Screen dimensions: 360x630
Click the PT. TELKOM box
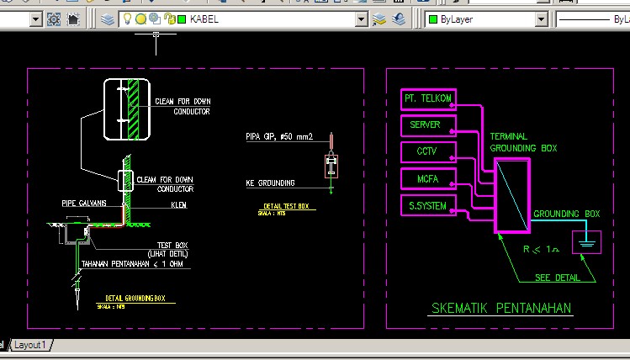[428, 99]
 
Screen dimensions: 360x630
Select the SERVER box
[428, 125]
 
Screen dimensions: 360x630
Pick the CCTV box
[428, 151]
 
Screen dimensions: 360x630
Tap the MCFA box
[428, 177]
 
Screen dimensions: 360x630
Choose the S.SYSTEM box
[428, 204]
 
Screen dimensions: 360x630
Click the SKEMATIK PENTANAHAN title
[500, 308]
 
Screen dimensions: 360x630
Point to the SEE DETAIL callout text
[557, 278]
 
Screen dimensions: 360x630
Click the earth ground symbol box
[586, 242]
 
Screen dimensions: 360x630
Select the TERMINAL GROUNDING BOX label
[523, 142]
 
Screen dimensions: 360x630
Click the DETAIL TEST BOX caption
[285, 206]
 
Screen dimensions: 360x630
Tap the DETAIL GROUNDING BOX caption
[135, 298]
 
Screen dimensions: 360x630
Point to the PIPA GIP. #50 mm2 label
[278, 135]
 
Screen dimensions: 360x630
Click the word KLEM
[178, 204]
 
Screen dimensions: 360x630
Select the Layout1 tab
[31, 345]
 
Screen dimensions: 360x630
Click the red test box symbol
[331, 167]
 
